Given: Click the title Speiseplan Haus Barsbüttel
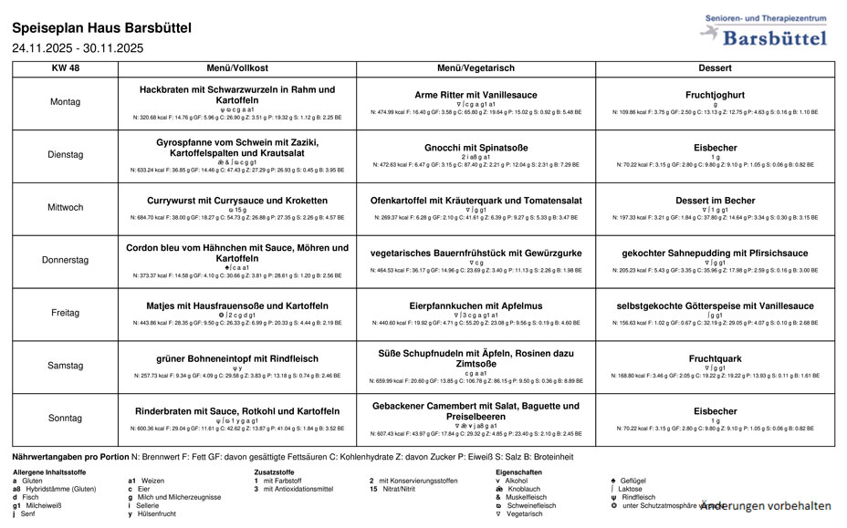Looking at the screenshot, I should pos(102,28).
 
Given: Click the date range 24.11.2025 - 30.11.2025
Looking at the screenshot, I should pos(78,48).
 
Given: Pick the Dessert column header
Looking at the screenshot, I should pos(715,68).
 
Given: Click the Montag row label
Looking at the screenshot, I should pos(66,103).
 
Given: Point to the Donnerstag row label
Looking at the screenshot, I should pos(66,260).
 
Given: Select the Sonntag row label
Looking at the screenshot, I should pos(66,419).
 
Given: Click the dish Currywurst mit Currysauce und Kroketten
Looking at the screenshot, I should pos(237,201).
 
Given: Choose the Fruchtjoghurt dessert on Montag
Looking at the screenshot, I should pos(715,95).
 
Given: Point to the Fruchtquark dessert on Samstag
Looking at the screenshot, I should pos(715,358).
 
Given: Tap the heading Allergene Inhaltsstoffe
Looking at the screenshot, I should pos(49,471).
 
